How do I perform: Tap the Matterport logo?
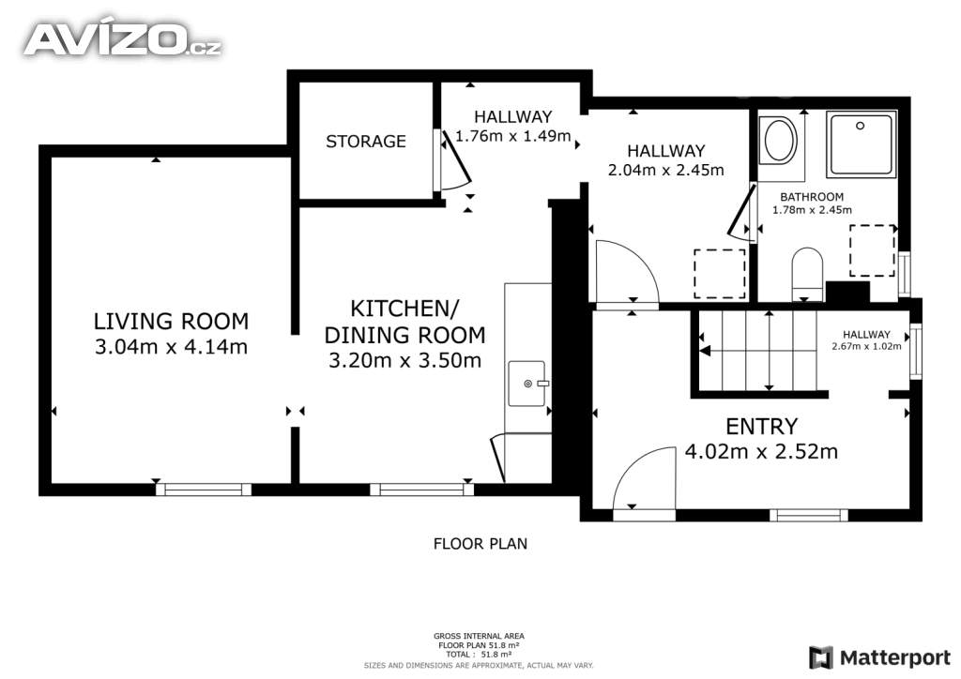click(879, 657)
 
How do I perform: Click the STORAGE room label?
click(366, 142)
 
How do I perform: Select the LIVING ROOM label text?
click(171, 321)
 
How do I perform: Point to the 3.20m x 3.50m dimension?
click(405, 361)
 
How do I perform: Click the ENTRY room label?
click(762, 426)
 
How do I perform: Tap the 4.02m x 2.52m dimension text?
click(761, 452)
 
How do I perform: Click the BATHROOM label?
click(812, 197)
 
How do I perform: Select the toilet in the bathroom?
click(807, 274)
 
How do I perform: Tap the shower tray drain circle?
click(860, 126)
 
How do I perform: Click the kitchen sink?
click(526, 384)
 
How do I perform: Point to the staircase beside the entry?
click(760, 351)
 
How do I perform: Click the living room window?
click(204, 490)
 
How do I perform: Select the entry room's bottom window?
click(808, 515)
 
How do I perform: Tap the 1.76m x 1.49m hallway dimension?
click(513, 136)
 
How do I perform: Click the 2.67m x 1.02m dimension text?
click(866, 346)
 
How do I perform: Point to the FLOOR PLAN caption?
click(480, 544)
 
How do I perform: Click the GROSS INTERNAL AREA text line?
click(479, 636)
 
